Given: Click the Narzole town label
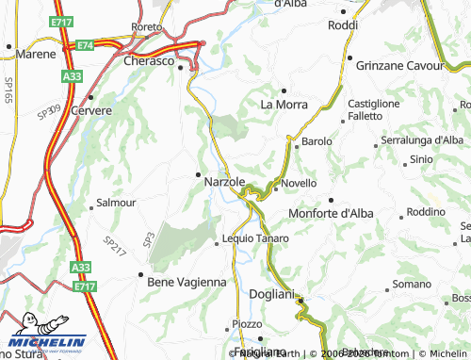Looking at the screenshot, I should click(225, 181).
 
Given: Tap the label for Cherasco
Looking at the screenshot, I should click(150, 60).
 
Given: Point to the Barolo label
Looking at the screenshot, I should click(317, 141).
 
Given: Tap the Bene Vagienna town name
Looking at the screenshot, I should click(187, 281).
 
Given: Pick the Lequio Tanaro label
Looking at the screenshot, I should click(255, 238).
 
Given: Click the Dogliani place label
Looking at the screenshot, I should click(272, 294).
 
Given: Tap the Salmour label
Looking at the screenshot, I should click(116, 203).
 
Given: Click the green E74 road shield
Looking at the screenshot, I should click(86, 45).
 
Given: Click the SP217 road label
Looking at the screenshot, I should click(116, 245).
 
